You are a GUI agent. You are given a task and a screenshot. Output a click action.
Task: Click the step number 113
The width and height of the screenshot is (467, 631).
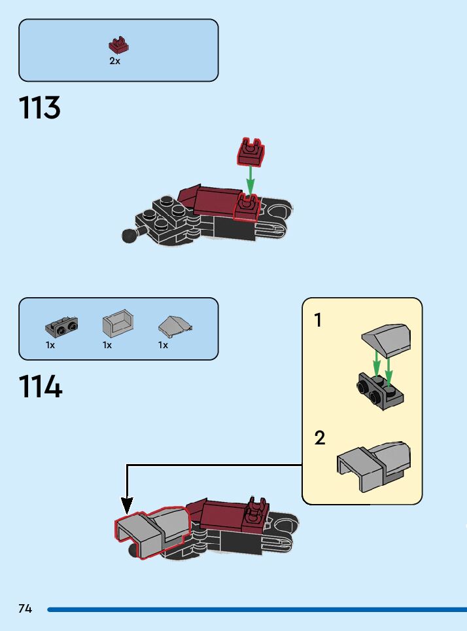coord(40,108)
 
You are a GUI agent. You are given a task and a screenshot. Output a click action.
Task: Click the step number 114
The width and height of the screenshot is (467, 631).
coord(41,387)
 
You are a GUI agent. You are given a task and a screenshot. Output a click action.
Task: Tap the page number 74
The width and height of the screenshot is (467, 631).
coord(25,609)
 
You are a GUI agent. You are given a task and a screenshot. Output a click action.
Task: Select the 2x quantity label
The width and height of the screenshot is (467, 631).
coord(114,61)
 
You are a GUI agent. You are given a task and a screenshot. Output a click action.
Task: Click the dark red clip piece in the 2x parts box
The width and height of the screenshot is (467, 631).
coord(118,46)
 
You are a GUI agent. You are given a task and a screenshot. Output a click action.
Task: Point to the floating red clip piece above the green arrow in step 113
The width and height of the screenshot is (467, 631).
coord(251,152)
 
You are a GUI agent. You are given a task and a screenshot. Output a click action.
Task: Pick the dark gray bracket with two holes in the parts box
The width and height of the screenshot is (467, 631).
coord(61,325)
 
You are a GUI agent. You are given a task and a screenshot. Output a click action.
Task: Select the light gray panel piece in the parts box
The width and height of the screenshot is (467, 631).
coord(118,324)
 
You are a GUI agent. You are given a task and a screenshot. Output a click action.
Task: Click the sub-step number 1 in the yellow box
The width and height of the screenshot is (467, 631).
coord(319,321)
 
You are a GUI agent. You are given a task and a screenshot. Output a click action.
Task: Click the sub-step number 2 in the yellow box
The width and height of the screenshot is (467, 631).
coord(320,438)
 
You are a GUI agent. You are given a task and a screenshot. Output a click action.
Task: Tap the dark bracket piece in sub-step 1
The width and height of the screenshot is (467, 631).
coord(380,391)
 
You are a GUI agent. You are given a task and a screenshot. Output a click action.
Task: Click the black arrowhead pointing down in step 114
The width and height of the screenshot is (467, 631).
coord(127,505)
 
